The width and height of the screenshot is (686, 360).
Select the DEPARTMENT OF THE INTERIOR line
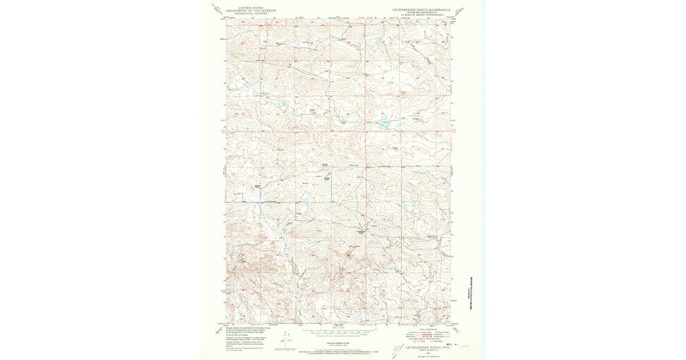click(x=246, y=11)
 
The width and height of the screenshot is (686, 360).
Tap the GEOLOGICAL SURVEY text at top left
click(x=246, y=14)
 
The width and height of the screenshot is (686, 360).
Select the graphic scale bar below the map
click(x=338, y=331)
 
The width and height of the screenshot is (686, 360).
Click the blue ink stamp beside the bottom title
click(x=456, y=345)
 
